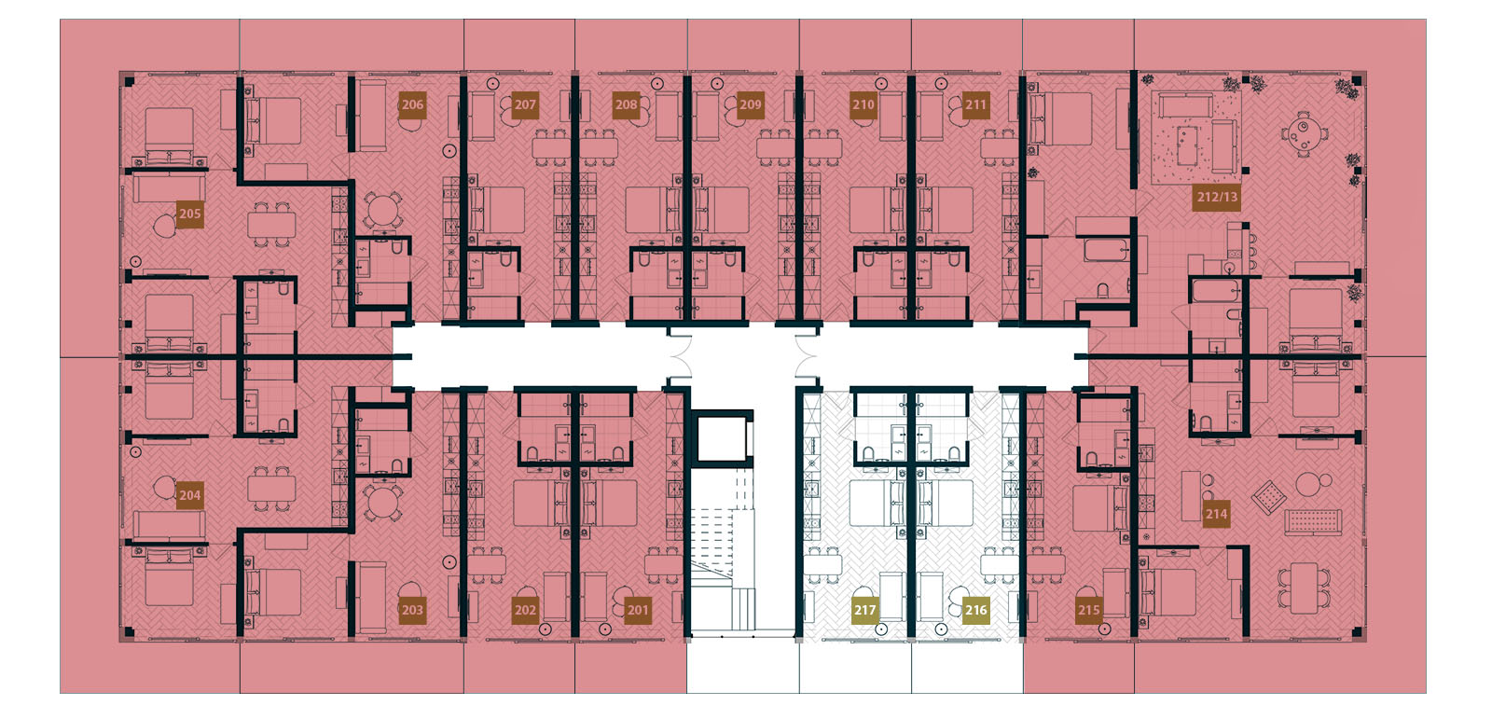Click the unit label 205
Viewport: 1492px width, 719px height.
pos(190,214)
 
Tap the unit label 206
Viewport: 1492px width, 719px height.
pos(412,104)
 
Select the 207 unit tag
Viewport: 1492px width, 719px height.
pos(525,104)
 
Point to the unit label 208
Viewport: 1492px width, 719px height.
pos(626,104)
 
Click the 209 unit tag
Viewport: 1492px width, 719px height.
pos(751,104)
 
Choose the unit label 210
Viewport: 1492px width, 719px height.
pos(863,104)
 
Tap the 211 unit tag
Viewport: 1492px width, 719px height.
pos(975,104)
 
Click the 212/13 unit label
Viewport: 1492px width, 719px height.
pos(1217,197)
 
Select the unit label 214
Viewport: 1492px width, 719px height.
pos(1216,514)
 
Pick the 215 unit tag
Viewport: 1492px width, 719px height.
pos(1089,610)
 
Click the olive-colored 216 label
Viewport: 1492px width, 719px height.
pos(975,610)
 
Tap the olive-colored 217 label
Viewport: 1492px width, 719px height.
pos(864,610)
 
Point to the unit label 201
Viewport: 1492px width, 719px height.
pos(638,610)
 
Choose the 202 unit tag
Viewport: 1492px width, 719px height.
pos(525,610)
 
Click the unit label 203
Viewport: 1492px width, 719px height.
pos(412,610)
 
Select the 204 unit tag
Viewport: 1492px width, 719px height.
pos(190,495)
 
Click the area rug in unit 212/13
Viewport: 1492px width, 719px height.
pos(1195,140)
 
